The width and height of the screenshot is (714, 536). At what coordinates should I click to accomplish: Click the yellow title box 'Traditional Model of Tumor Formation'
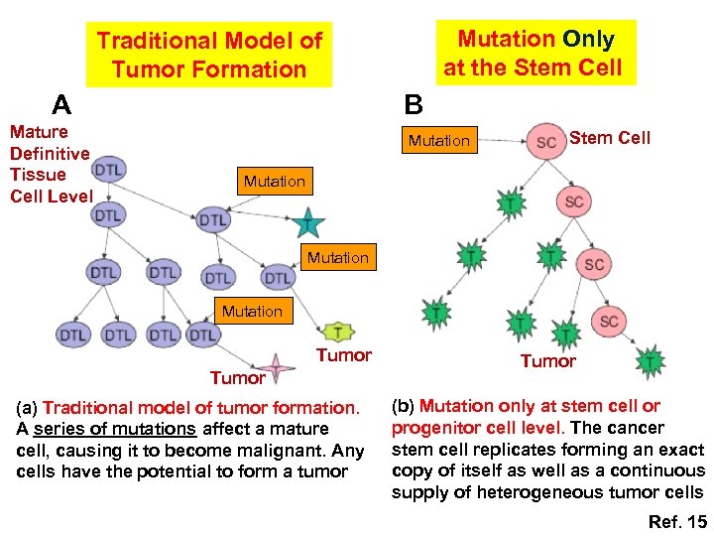208,55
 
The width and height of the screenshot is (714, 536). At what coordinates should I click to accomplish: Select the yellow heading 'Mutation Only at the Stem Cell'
535,53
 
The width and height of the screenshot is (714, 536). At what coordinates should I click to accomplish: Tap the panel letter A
61,104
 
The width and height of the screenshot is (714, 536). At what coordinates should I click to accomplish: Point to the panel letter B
414,104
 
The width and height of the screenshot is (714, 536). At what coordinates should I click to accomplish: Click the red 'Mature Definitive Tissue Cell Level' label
50,164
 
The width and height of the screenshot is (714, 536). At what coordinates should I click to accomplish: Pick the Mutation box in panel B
438,141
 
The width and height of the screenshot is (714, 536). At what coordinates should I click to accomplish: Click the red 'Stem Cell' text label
610,138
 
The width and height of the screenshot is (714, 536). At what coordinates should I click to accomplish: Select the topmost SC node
545,142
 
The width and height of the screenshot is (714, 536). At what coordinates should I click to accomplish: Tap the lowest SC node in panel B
609,322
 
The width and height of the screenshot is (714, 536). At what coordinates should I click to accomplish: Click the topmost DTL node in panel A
109,170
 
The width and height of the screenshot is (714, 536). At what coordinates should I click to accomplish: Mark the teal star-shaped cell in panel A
308,223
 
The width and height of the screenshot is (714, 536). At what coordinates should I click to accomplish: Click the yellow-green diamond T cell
338,332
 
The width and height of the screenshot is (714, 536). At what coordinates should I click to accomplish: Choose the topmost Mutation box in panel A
274,181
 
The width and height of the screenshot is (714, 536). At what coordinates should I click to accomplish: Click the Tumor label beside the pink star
237,377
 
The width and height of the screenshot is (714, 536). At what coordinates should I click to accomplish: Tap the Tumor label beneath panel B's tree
547,361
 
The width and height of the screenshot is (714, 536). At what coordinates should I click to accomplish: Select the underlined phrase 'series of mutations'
114,429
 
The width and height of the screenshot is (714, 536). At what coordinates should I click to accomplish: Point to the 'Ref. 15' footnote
676,521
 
